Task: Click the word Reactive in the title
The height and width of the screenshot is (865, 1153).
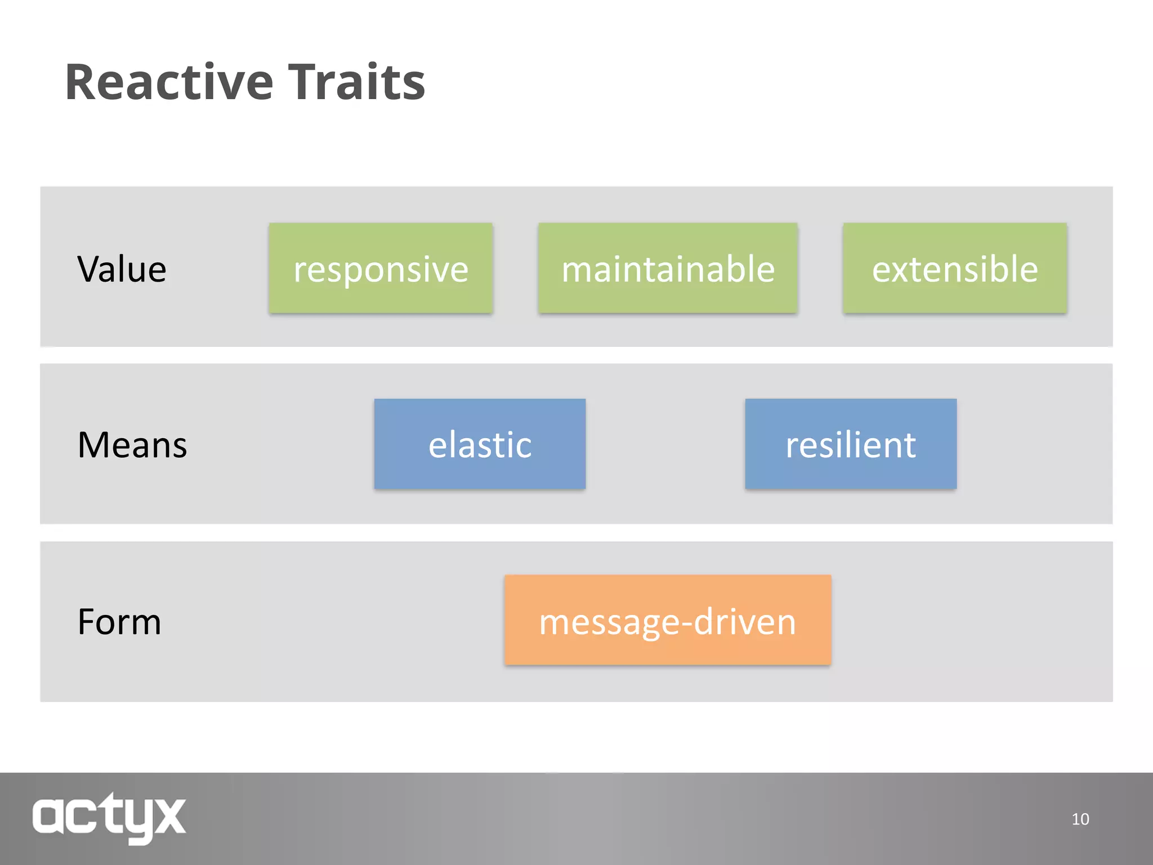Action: pos(169,83)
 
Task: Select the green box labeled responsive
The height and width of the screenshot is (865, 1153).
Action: pos(381,268)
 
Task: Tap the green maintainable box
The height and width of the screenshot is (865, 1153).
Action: pos(668,268)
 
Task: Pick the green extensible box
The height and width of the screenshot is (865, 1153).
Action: pos(955,268)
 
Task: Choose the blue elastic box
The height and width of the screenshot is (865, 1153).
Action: pos(480,444)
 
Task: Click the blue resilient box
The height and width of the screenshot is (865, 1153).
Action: pos(851,444)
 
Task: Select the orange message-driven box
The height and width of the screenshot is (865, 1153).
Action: pos(668,620)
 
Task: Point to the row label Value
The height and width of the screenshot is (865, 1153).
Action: pos(122,269)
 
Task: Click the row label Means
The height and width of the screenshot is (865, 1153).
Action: pos(132,445)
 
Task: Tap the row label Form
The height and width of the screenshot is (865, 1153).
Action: pos(119,622)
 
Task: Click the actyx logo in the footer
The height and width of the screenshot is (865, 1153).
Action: pos(109,817)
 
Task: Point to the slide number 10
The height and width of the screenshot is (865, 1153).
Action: pos(1080,819)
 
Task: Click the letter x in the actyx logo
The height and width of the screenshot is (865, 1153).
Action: pos(168,816)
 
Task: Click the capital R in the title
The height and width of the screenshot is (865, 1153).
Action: pos(83,83)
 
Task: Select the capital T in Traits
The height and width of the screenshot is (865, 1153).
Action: pos(305,83)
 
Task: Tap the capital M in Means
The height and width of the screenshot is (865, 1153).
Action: pos(93,445)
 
